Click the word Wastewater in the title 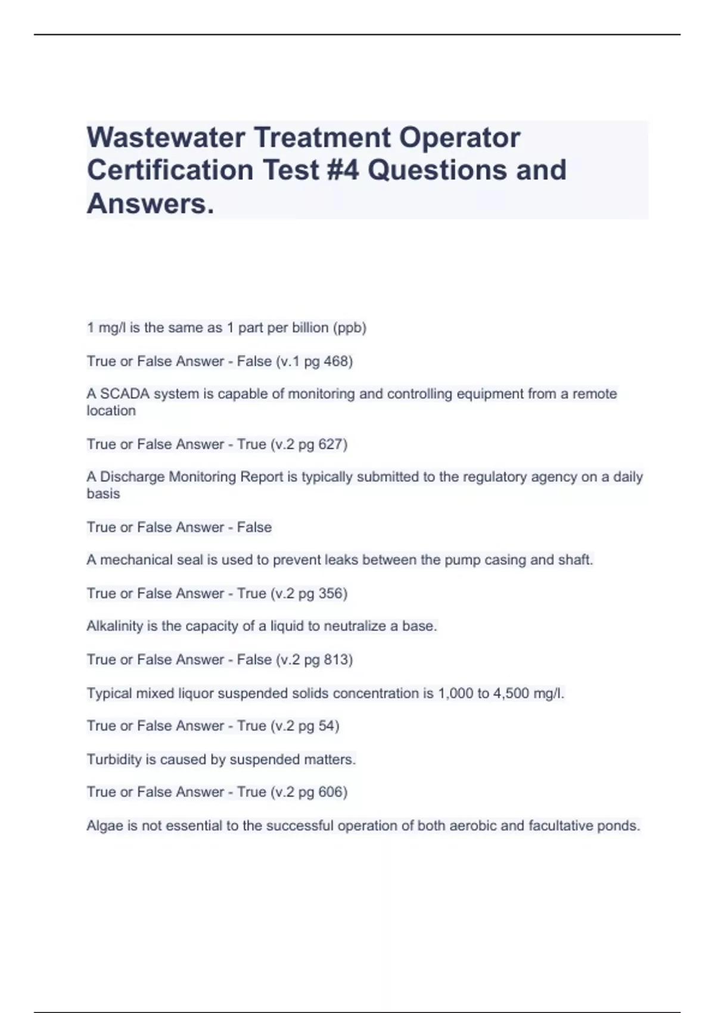pyautogui.click(x=166, y=138)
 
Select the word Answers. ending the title pyautogui.click(x=150, y=204)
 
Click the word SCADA pyautogui.click(x=125, y=394)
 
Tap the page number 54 pyautogui.click(x=328, y=726)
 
